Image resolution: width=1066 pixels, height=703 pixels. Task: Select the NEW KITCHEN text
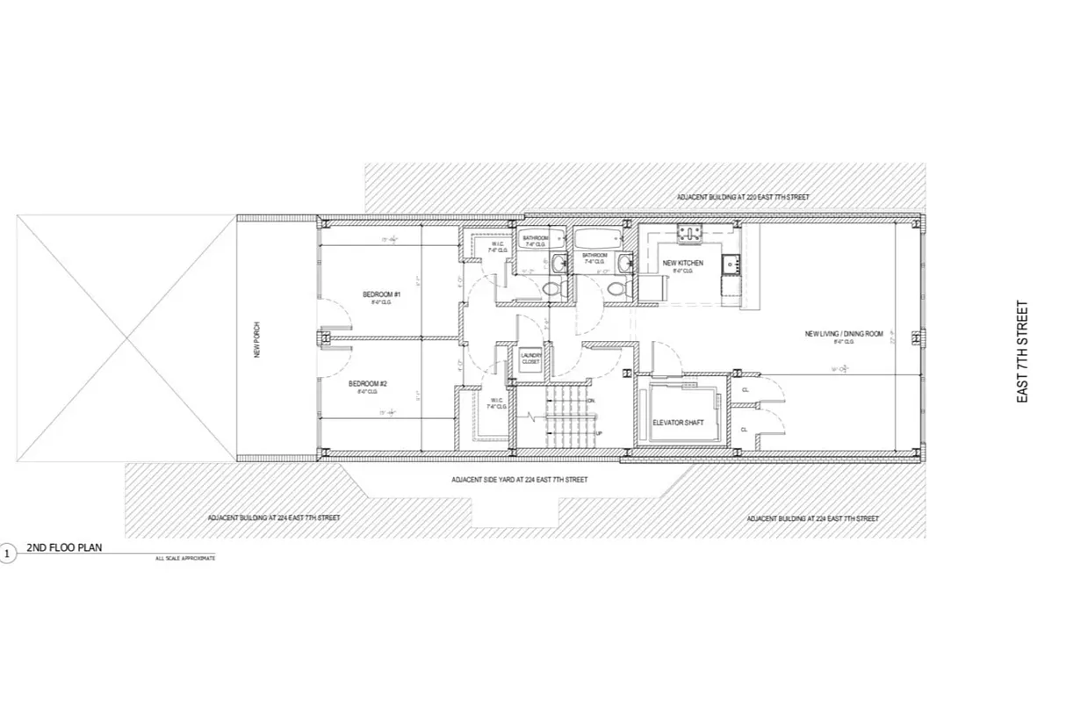(682, 263)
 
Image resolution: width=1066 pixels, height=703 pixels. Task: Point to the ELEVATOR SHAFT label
(678, 424)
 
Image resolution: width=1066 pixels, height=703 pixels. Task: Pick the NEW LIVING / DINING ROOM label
(844, 334)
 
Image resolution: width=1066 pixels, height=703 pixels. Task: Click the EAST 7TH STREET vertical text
(1022, 351)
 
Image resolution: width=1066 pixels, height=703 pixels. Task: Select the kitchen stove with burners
(688, 232)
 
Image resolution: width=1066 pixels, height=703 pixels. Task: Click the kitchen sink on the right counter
(730, 262)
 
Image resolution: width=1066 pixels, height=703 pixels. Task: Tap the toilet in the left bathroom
(551, 287)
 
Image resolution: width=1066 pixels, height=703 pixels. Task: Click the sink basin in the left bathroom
(558, 260)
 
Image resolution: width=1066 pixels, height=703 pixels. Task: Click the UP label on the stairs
(599, 434)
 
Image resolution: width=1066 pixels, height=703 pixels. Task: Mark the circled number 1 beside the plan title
(8, 554)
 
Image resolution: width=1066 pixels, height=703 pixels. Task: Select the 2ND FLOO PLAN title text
(64, 547)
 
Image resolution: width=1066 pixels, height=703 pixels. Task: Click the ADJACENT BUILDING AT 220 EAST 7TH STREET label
(743, 197)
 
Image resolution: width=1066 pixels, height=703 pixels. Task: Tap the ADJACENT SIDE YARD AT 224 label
(519, 480)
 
